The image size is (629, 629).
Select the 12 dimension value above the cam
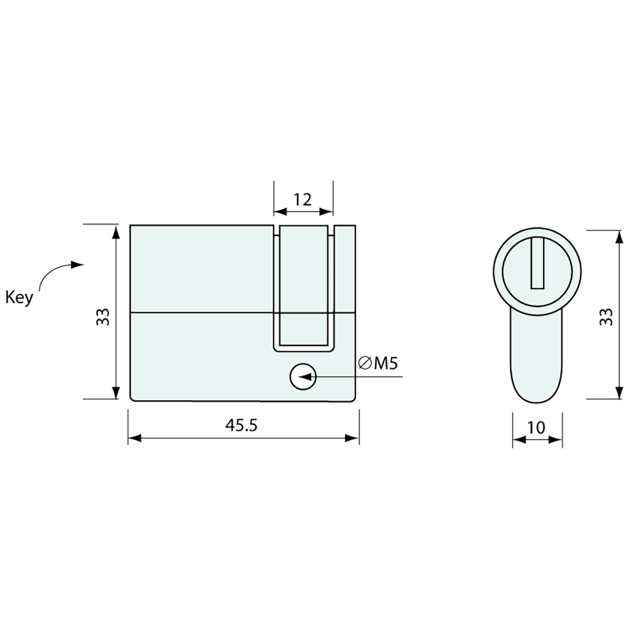pyautogui.click(x=302, y=200)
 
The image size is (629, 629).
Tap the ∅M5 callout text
pyautogui.click(x=377, y=363)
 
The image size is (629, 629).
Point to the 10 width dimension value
pyautogui.click(x=536, y=427)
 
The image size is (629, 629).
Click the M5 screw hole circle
pyautogui.click(x=302, y=377)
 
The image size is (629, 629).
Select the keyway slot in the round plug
pyautogui.click(x=538, y=264)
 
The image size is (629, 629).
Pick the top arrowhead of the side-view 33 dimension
pyautogui.click(x=117, y=232)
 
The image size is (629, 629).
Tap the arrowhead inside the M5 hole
pyautogui.click(x=307, y=377)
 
